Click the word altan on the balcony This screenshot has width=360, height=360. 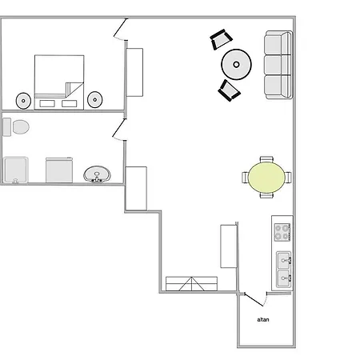(x=263, y=319)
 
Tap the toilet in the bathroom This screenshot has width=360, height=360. (x=16, y=127)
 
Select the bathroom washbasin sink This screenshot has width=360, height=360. (x=97, y=174)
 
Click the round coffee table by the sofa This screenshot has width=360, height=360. (x=236, y=64)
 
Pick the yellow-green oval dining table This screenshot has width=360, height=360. (x=266, y=178)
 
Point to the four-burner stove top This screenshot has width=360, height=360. (x=282, y=232)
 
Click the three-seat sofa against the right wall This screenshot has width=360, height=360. (x=278, y=65)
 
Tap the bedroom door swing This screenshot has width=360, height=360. (x=120, y=29)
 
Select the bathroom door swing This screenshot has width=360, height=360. (x=119, y=130)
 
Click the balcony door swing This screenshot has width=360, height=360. (x=255, y=299)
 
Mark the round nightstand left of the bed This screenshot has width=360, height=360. (x=23, y=101)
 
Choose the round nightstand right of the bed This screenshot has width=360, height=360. (x=95, y=100)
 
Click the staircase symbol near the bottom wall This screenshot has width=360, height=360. (x=191, y=284)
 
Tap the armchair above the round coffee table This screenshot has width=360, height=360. (x=221, y=39)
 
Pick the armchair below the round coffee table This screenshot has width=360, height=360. (x=230, y=90)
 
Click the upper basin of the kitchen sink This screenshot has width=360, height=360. (x=284, y=260)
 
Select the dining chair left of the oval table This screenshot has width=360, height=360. (x=246, y=178)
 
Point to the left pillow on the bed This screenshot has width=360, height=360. (x=47, y=103)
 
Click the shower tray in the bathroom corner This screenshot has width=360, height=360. (x=16, y=170)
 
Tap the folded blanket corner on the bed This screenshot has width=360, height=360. (x=74, y=89)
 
